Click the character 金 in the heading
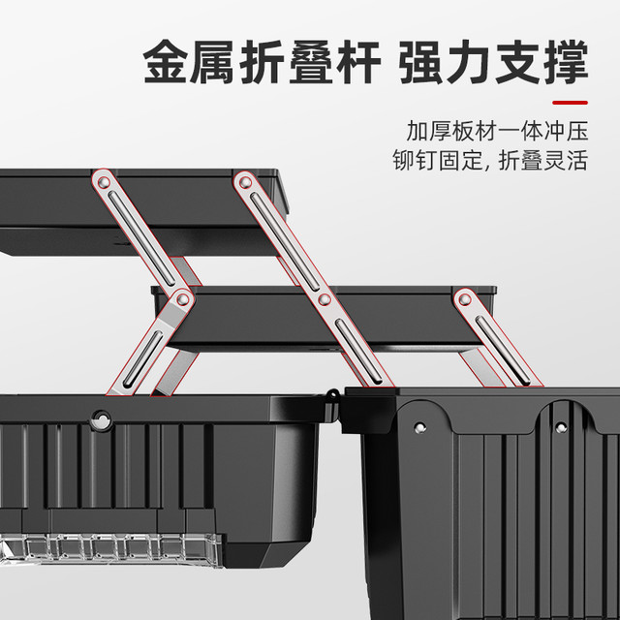[165, 62]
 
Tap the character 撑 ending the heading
[566, 62]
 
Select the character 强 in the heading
[420, 62]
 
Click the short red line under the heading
[570, 103]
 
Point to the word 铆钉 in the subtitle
[415, 161]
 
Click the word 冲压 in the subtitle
[566, 131]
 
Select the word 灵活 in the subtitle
[566, 161]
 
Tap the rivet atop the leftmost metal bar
[104, 182]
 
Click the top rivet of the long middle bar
[245, 182]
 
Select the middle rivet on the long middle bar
[325, 299]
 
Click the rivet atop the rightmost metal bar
[465, 299]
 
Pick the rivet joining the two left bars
[182, 299]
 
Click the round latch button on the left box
[102, 420]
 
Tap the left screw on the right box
[419, 427]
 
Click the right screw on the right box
[561, 427]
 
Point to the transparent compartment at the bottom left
[110, 549]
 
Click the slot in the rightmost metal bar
[503, 351]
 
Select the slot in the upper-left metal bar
[141, 238]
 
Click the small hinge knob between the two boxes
[333, 394]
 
